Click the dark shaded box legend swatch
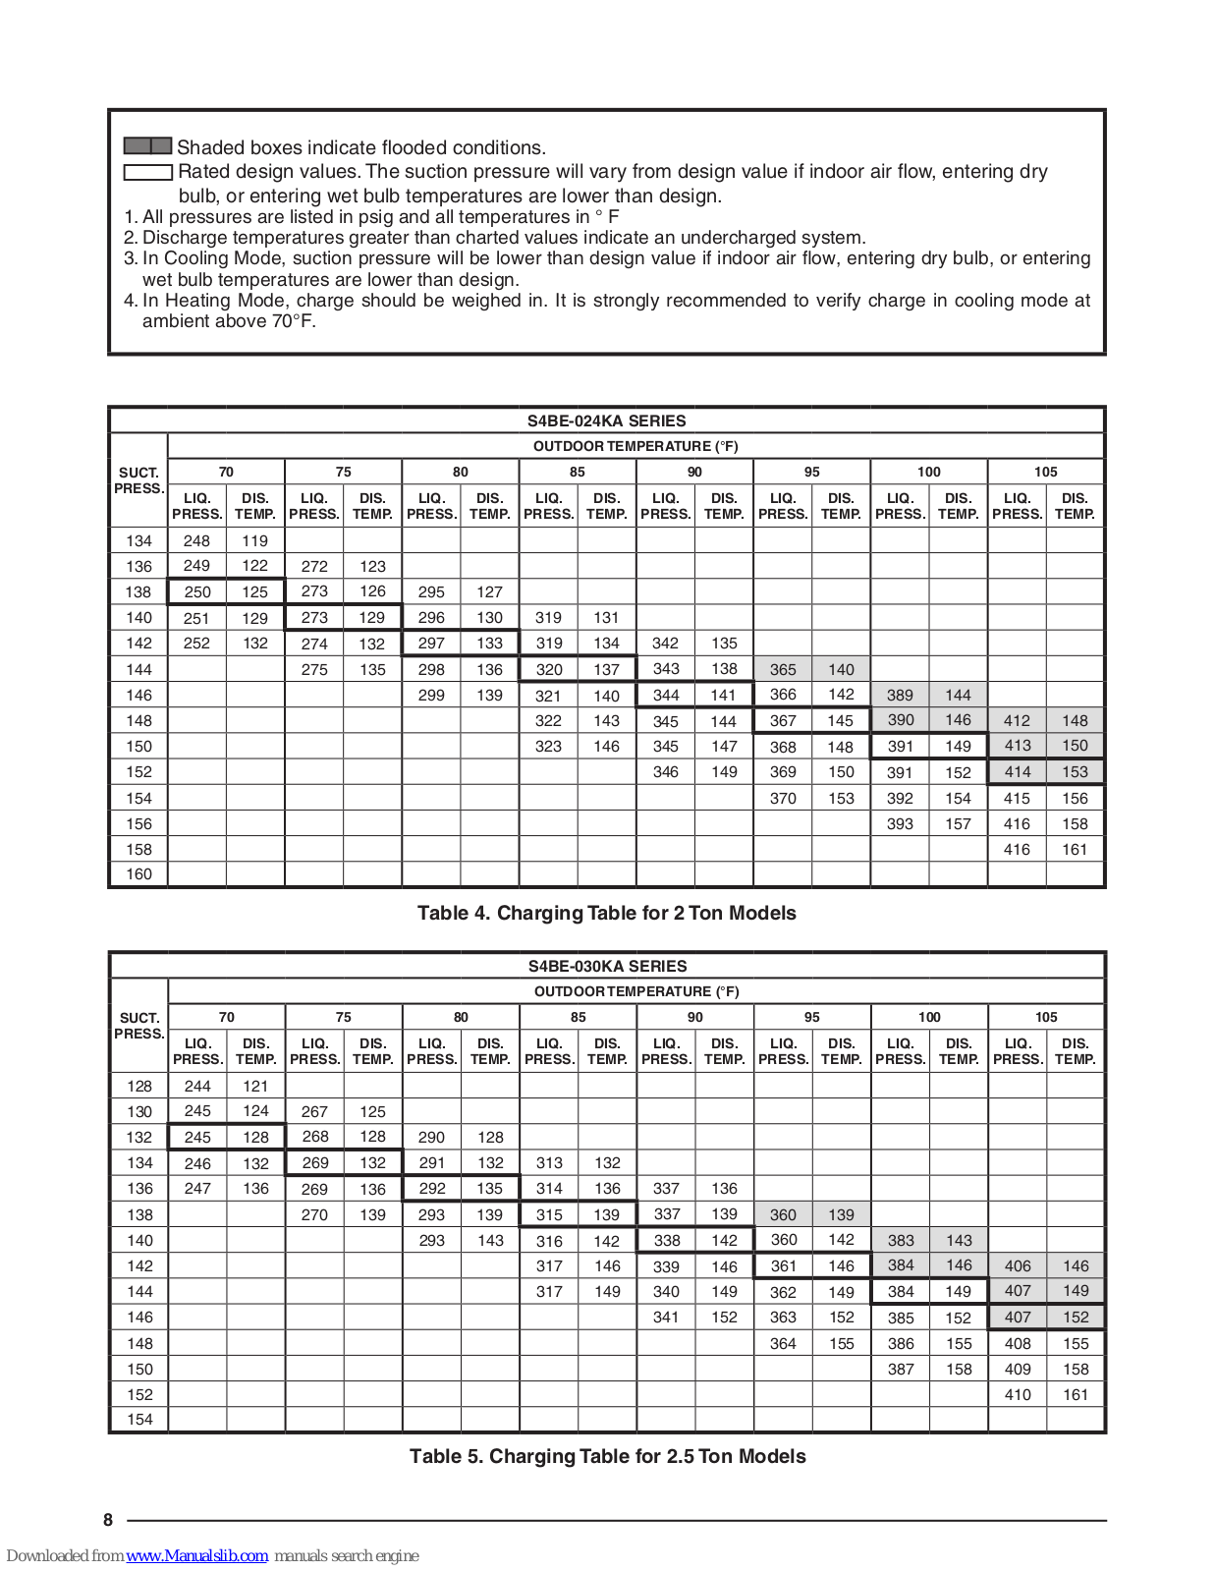click(148, 146)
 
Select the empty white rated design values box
click(148, 172)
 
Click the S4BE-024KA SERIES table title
click(606, 421)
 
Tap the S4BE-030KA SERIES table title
click(607, 966)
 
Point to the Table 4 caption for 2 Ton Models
click(606, 913)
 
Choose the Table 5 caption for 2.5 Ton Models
click(607, 1456)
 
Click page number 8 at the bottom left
click(108, 1520)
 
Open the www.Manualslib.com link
click(196, 1555)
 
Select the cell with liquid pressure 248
click(196, 540)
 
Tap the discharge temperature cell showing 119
click(255, 540)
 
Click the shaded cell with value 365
click(783, 669)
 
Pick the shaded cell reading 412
click(1017, 720)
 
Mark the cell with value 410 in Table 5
click(1018, 1394)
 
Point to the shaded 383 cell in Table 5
click(901, 1240)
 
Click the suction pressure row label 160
click(138, 873)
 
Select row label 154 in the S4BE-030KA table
click(139, 1419)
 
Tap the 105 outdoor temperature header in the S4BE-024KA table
click(1046, 472)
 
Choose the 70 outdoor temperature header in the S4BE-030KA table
click(227, 1017)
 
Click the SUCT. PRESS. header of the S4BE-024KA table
click(138, 480)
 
